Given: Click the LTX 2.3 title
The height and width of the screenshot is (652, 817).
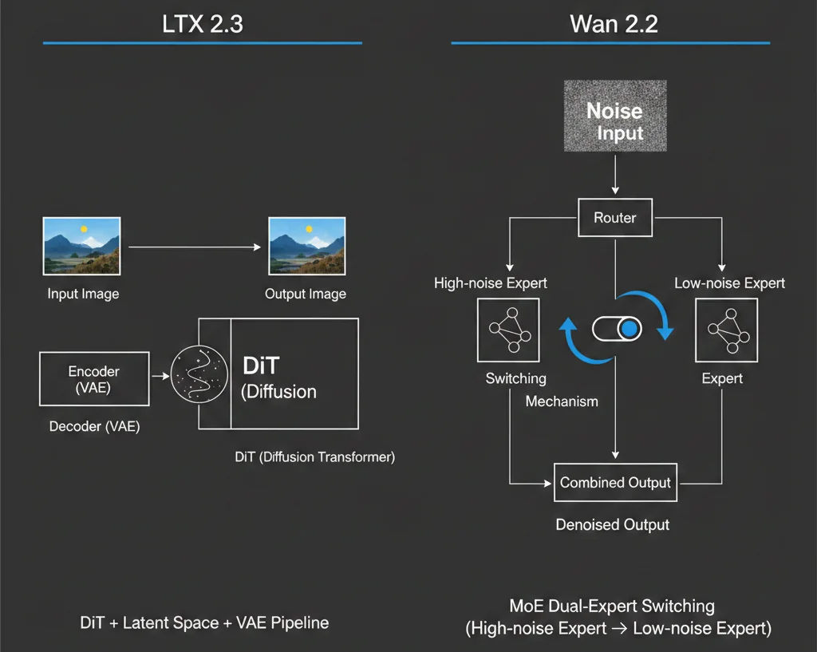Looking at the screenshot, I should pyautogui.click(x=202, y=23).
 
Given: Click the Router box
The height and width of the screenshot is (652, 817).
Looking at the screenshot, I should pyautogui.click(x=614, y=218).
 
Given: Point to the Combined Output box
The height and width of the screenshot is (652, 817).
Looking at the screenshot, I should pyautogui.click(x=615, y=482).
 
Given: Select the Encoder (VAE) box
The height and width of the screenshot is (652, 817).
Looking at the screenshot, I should pyautogui.click(x=94, y=379).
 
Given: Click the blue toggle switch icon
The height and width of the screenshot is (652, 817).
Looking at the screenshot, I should pyautogui.click(x=617, y=328).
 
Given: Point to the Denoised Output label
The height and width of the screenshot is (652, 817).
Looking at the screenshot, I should pyautogui.click(x=613, y=524).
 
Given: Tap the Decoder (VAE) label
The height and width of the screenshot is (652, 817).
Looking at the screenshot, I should pyautogui.click(x=94, y=426).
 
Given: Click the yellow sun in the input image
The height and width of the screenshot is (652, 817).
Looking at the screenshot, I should pyautogui.click(x=83, y=230).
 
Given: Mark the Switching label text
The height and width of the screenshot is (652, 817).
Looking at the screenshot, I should pyautogui.click(x=515, y=378).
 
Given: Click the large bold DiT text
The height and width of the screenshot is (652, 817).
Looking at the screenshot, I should pyautogui.click(x=260, y=366).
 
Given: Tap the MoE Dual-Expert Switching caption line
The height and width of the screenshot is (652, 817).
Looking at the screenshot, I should pyautogui.click(x=613, y=607).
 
